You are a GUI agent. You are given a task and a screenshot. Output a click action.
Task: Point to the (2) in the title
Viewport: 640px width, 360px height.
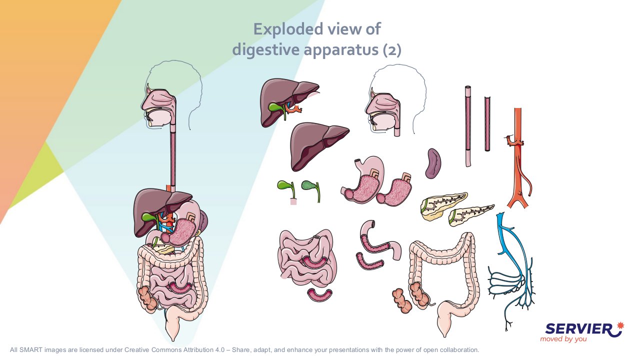tap(392, 49)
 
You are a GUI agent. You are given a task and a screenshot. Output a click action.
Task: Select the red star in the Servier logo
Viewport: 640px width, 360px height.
tap(620, 325)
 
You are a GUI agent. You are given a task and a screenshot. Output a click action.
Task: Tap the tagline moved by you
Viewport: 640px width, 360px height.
tap(563, 339)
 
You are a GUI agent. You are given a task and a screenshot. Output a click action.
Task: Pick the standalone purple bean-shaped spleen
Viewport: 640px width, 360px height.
tap(433, 163)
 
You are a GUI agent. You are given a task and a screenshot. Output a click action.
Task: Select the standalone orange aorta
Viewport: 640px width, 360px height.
tap(517, 160)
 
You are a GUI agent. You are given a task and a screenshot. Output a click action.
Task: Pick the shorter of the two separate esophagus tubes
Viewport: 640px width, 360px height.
tap(487, 124)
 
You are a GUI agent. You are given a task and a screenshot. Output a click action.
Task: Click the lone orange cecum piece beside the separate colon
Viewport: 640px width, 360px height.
tap(401, 301)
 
